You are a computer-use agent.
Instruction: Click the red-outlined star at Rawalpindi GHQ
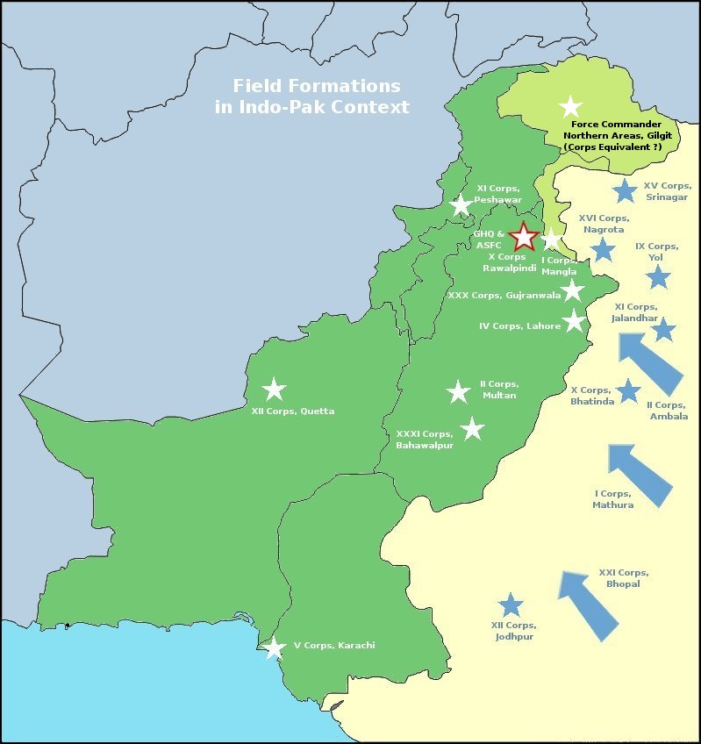(x=524, y=236)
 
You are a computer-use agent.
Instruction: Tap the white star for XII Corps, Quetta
(x=275, y=389)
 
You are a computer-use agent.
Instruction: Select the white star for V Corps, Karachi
(x=275, y=647)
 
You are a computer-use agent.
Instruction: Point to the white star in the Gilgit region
(x=570, y=106)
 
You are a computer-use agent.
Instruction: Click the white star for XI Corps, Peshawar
(x=461, y=205)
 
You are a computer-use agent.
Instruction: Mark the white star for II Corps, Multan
(x=459, y=391)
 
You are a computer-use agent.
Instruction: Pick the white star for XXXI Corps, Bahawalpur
(x=473, y=428)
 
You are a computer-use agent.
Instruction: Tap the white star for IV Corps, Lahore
(x=574, y=320)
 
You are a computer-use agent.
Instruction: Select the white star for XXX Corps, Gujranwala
(x=572, y=290)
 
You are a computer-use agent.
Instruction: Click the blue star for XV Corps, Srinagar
(x=625, y=190)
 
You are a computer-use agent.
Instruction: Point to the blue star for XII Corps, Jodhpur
(x=511, y=604)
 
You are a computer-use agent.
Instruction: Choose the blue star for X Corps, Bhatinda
(x=628, y=390)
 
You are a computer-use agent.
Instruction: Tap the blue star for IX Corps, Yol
(x=658, y=277)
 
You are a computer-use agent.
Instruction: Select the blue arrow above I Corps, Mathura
(x=640, y=475)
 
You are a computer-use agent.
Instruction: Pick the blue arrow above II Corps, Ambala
(x=649, y=362)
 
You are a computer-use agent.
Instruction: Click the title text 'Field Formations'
(x=316, y=86)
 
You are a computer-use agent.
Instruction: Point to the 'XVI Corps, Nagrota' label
(x=603, y=223)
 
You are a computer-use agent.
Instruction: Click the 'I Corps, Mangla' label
(x=559, y=266)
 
